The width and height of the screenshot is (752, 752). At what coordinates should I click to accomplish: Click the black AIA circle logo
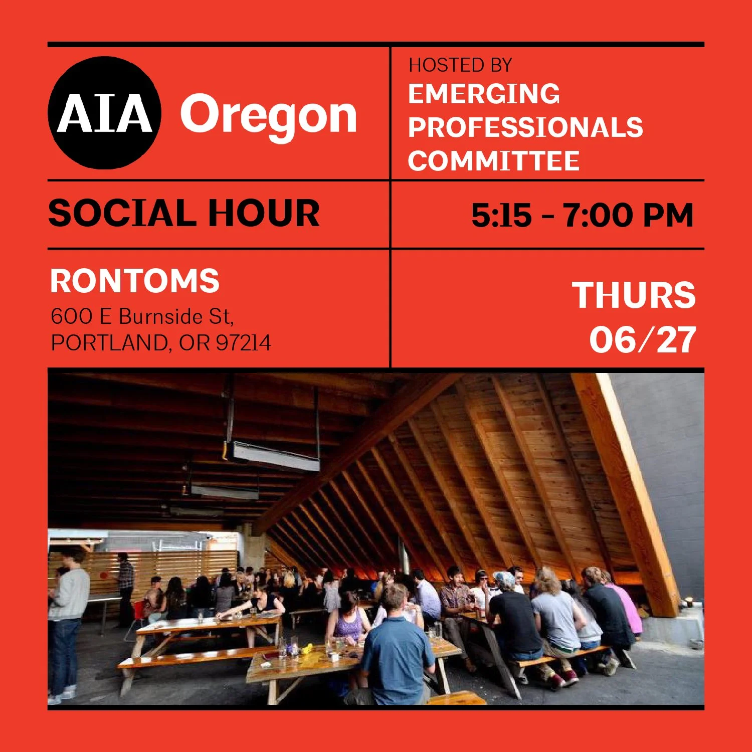click(x=104, y=113)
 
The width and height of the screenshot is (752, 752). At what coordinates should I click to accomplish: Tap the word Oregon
click(x=269, y=115)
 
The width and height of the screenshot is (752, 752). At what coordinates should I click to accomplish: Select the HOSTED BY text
click(x=460, y=65)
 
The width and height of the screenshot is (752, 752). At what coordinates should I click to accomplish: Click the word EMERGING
click(x=484, y=94)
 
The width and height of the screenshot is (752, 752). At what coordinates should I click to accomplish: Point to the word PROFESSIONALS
click(x=525, y=127)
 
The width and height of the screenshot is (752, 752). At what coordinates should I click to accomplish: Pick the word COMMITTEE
click(x=493, y=161)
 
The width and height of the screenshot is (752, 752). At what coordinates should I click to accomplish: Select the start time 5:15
click(x=501, y=215)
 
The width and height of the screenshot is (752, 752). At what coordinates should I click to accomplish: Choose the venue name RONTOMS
click(x=134, y=281)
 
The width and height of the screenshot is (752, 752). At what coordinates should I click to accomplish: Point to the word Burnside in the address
click(x=161, y=316)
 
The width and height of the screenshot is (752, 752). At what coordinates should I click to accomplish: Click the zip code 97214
click(x=243, y=343)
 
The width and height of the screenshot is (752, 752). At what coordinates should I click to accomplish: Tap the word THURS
click(x=634, y=295)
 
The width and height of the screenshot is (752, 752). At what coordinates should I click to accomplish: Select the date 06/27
click(x=642, y=340)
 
